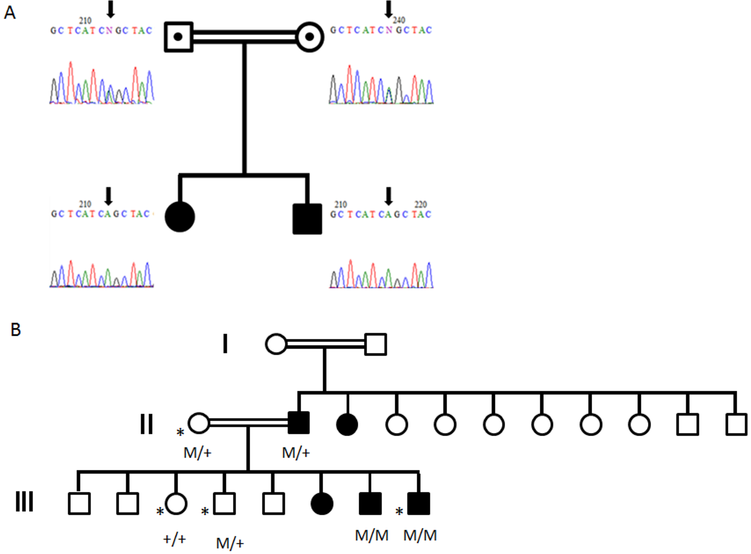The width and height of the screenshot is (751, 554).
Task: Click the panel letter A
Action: (10, 13)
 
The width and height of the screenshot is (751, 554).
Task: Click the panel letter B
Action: (15, 330)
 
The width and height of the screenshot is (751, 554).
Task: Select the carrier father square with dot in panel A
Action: (178, 37)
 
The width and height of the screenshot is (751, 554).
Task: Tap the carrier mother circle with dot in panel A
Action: (310, 37)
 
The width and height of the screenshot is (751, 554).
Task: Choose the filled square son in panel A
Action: (307, 219)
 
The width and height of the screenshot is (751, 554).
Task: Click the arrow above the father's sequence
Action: (111, 9)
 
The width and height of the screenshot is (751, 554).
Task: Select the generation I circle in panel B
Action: (276, 344)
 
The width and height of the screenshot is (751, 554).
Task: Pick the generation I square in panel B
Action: (375, 344)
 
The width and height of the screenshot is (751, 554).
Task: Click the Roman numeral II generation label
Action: (146, 424)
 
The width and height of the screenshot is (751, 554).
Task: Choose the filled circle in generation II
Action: (347, 424)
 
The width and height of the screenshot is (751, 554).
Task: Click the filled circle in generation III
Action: (322, 504)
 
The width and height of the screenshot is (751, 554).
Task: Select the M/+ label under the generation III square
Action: (230, 543)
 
